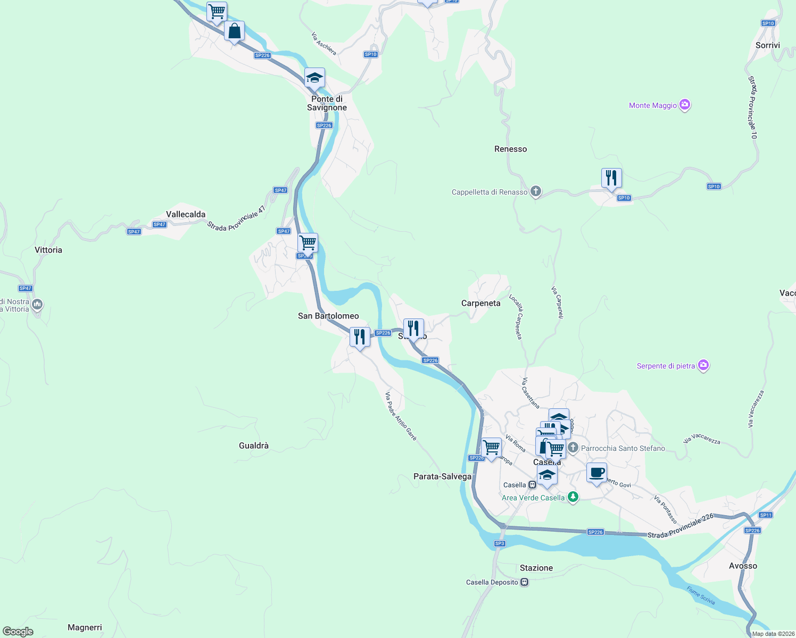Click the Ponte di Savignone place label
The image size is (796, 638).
(x=327, y=103)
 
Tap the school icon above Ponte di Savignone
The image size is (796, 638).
(x=314, y=78)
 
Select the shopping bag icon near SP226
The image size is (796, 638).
(x=234, y=31)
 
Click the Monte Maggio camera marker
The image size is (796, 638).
(x=685, y=105)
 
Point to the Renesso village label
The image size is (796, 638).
(x=510, y=149)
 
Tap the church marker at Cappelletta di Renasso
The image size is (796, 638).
(x=536, y=191)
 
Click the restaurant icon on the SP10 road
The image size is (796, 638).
(x=611, y=178)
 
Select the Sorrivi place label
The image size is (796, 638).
(x=767, y=45)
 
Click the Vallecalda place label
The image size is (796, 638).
(x=186, y=214)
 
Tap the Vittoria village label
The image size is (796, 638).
(x=48, y=250)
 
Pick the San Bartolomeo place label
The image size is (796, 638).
(x=328, y=316)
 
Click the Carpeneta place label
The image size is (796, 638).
(x=480, y=303)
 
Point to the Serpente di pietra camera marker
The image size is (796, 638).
(x=703, y=365)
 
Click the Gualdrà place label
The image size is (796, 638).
(x=254, y=446)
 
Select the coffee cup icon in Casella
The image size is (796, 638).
(x=596, y=472)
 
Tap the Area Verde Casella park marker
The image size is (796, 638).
(x=573, y=497)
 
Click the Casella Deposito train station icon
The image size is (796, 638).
(x=525, y=582)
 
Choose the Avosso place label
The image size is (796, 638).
(x=743, y=566)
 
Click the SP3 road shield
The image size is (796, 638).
(x=499, y=543)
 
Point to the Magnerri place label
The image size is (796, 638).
(x=85, y=627)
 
